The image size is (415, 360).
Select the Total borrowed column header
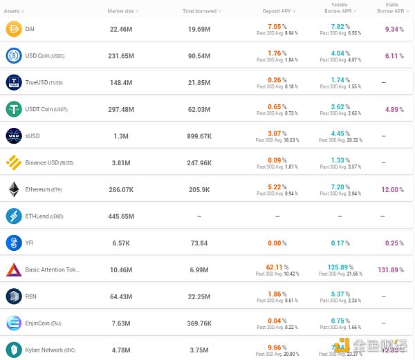tap(199, 11)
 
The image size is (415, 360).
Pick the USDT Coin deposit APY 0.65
tap(275, 107)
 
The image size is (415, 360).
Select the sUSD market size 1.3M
tap(121, 136)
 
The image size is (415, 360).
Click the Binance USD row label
tap(49, 163)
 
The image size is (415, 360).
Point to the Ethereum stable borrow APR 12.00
tap(389, 190)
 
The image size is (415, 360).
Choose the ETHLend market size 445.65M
tap(121, 216)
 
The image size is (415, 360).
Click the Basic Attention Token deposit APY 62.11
tap(275, 267)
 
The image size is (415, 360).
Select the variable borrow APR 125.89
tap(335, 267)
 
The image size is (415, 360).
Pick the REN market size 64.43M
tap(121, 296)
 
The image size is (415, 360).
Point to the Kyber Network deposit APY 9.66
tap(275, 348)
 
